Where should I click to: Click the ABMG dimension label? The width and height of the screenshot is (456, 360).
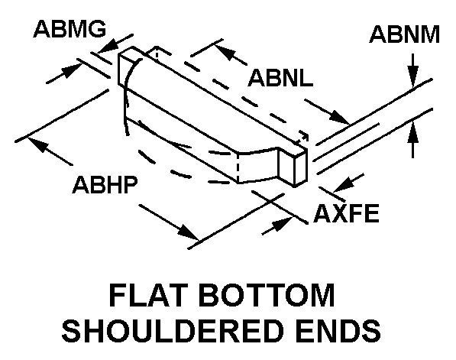[x=70, y=29]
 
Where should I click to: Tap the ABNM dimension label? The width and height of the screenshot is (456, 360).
[x=404, y=34]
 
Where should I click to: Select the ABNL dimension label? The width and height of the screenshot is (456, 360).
[x=280, y=78]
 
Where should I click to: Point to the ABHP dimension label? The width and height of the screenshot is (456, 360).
[x=105, y=184]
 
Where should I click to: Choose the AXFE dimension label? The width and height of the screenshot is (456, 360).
[x=346, y=213]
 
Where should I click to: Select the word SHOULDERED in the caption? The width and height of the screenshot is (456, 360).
[x=173, y=331]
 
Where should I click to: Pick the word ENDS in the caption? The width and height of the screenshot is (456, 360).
[x=338, y=331]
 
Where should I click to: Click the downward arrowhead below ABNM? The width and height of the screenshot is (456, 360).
[x=412, y=76]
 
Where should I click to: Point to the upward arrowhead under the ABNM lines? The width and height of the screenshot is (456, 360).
[x=412, y=132]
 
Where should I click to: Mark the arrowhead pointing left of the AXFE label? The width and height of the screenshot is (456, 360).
[x=344, y=186]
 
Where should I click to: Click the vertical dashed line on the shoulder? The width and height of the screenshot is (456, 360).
[x=238, y=168]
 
